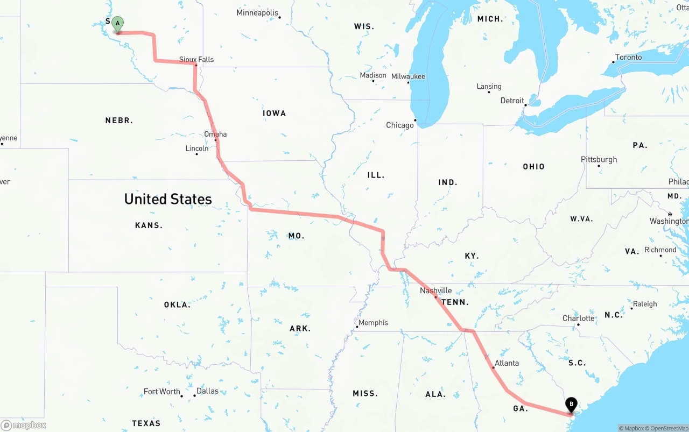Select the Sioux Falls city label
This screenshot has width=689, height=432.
(x=196, y=59)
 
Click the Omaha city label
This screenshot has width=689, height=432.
(x=215, y=134)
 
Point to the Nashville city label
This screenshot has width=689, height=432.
(x=436, y=291)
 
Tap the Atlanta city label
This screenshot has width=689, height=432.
(x=507, y=363)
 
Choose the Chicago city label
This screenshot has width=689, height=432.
(x=400, y=125)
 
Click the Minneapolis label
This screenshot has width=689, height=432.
(x=257, y=12)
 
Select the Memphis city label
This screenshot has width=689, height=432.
(x=373, y=323)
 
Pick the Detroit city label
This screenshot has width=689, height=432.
(x=512, y=101)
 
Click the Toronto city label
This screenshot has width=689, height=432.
(x=628, y=57)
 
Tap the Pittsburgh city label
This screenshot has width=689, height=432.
(x=599, y=159)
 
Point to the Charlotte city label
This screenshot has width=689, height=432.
(x=579, y=318)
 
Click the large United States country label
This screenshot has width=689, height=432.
(x=168, y=199)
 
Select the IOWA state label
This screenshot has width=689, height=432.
(x=275, y=113)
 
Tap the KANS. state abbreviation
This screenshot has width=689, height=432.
(x=149, y=225)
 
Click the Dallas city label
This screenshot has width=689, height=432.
(x=207, y=391)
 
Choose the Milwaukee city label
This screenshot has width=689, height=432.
(x=408, y=76)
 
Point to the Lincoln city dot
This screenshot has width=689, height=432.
(x=196, y=154)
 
